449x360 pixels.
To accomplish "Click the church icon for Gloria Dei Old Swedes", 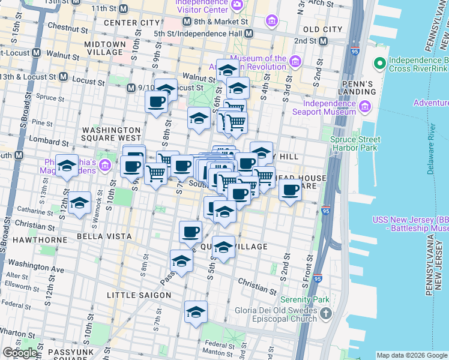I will tap(325, 313).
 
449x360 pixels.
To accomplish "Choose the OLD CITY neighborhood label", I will tap(322, 29).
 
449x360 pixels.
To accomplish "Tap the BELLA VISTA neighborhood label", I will tap(101, 237).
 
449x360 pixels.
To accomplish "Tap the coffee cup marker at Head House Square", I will tap(291, 190).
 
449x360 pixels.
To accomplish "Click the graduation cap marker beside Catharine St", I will tap(79, 203).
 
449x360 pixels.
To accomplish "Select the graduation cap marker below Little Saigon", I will tap(196, 312).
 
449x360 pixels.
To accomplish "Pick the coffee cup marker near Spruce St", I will tap(156, 100).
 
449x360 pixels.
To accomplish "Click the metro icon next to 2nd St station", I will tap(323, 41).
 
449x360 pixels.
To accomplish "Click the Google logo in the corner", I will tap(19, 353).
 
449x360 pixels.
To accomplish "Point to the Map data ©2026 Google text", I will tap(411, 355).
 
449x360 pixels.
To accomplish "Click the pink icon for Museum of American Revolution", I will tap(295, 62).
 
